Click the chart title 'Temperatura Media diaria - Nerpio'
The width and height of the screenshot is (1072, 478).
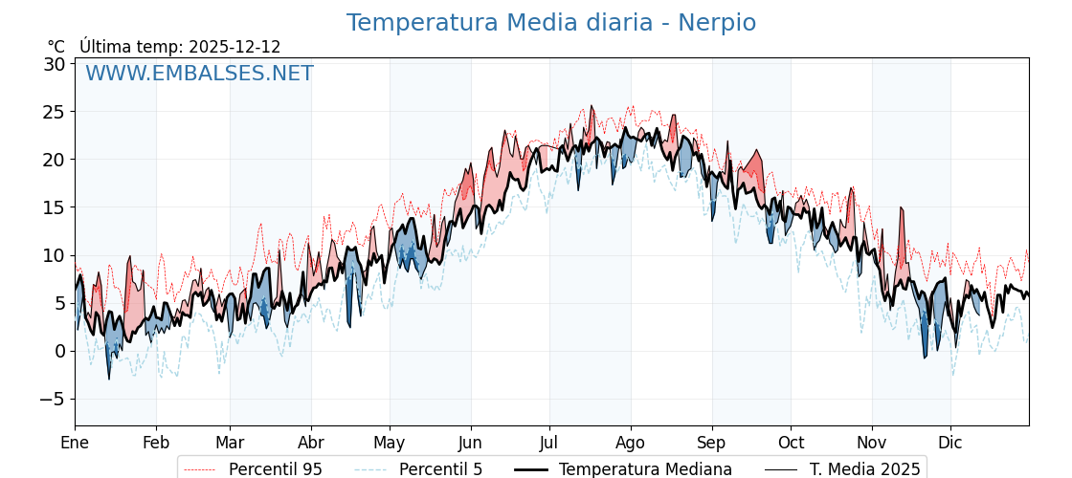[x=550, y=23]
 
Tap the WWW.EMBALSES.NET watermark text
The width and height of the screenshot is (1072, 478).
[x=199, y=74]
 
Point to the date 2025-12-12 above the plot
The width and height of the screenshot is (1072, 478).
[x=234, y=47]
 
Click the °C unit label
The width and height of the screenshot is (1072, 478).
[x=56, y=47]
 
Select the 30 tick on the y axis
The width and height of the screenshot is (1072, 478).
[x=54, y=64]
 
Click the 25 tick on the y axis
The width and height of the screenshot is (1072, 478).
[x=54, y=112]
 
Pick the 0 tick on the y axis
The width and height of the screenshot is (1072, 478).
[x=59, y=351]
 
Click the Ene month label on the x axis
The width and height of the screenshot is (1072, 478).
[x=75, y=443]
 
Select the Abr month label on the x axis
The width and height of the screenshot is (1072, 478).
[x=311, y=443]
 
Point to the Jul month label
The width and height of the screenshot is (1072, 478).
[x=549, y=443]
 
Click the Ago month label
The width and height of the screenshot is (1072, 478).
[x=631, y=443]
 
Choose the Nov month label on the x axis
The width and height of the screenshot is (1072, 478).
[x=872, y=443]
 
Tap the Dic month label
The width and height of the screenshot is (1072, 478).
[x=950, y=443]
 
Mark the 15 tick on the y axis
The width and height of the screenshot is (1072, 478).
[x=54, y=207]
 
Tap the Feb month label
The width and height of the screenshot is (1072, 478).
[x=156, y=443]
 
